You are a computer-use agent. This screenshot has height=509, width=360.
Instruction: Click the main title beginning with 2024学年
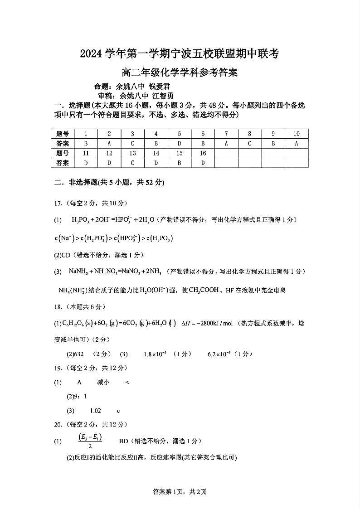click(x=180, y=55)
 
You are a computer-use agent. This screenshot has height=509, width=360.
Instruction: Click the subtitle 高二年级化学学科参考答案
click(x=180, y=73)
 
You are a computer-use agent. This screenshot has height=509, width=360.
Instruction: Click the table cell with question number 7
click(x=226, y=134)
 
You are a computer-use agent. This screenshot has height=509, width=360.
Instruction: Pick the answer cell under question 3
click(x=132, y=143)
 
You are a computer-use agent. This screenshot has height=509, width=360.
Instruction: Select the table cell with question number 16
click(x=203, y=153)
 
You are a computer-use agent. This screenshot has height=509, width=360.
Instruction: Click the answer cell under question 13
click(x=132, y=163)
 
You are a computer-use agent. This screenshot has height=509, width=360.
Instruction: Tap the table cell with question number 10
click(x=297, y=134)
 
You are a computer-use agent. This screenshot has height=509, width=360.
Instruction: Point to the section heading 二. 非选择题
click(x=109, y=183)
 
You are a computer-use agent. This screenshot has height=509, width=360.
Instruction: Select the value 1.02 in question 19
click(x=95, y=411)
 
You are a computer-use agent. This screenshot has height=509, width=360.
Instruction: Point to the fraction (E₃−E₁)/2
click(x=90, y=441)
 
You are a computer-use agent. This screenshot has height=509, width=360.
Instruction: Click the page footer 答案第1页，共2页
click(x=180, y=491)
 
